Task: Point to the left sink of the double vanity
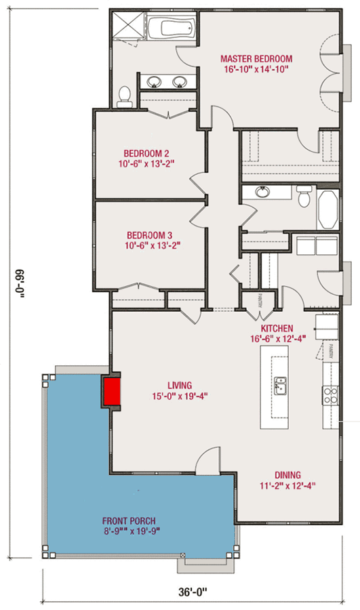point(155,82)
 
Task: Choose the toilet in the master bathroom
point(124,97)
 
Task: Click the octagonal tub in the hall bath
point(329,209)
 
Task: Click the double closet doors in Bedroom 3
point(138,288)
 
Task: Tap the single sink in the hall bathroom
point(262,192)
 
